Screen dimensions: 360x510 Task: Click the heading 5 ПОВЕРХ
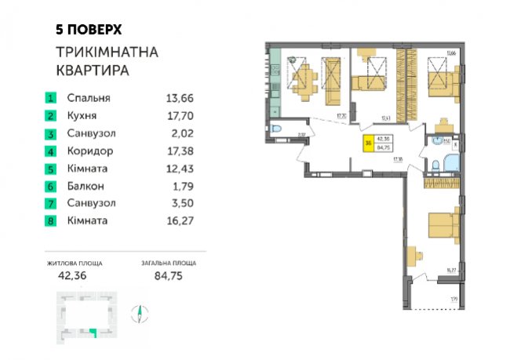coord(89,29)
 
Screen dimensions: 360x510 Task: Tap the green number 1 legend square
coord(50,99)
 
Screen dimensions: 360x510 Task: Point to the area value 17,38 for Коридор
coord(180,151)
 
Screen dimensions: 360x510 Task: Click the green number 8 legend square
coord(50,221)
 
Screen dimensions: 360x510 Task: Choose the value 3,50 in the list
coord(180,203)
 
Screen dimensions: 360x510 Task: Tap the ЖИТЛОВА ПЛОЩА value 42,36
coord(75,275)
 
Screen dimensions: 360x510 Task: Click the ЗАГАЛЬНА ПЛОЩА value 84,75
coord(168,275)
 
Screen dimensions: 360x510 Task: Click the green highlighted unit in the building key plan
coord(93,333)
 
